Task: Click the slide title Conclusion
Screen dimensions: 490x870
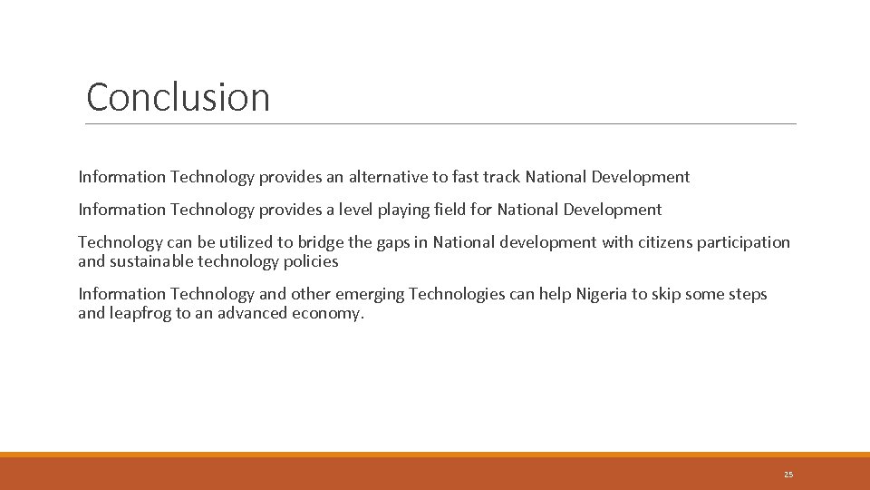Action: click(x=179, y=97)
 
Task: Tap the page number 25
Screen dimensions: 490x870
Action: click(x=788, y=475)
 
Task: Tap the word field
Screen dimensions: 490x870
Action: click(x=480, y=210)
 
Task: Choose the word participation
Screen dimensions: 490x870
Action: click(x=747, y=243)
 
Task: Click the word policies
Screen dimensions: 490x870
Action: click(x=310, y=261)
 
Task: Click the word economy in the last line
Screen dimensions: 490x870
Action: click(x=327, y=314)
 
